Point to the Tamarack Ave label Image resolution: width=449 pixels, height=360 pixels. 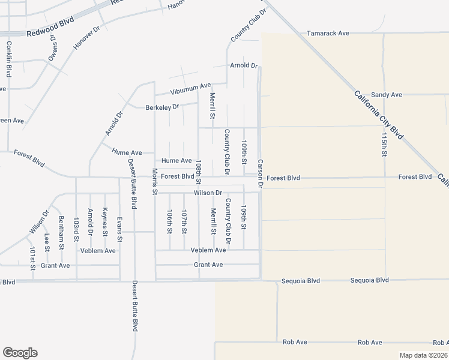tap(328, 34)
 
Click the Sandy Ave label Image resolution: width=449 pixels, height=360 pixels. tap(386, 95)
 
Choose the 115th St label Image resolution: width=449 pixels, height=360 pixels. tap(384, 144)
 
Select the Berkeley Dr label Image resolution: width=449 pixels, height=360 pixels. tap(162, 107)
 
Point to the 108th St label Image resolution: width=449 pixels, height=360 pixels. tap(199, 172)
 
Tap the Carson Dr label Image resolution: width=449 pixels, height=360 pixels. tap(261, 173)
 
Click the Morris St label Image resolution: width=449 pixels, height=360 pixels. tap(155, 182)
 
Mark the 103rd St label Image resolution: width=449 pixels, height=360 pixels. tap(76, 230)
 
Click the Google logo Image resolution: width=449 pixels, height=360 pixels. tap(20, 352)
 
